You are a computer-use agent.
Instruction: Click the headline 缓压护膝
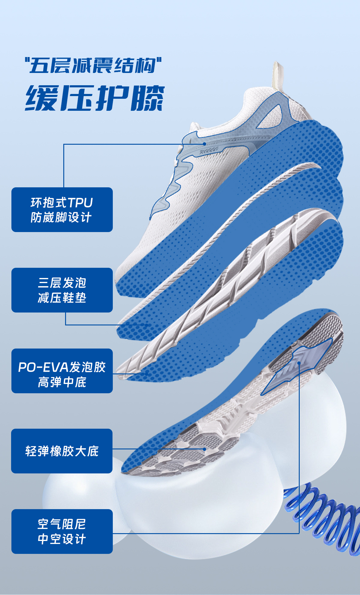tap(95, 98)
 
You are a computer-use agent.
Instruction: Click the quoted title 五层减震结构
tap(93, 65)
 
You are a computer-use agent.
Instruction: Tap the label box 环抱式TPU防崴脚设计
tap(62, 210)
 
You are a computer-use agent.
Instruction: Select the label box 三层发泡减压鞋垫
tap(62, 290)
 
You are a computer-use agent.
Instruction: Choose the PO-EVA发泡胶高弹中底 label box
tap(62, 371)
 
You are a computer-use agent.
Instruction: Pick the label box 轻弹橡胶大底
tap(62, 451)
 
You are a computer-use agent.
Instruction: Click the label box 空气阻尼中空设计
tap(62, 531)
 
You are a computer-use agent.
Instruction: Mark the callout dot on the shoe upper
tap(204, 144)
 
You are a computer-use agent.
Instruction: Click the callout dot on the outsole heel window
tap(299, 363)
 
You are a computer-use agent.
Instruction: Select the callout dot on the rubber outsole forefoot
tap(204, 449)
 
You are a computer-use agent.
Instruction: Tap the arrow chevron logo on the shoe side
tap(209, 151)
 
